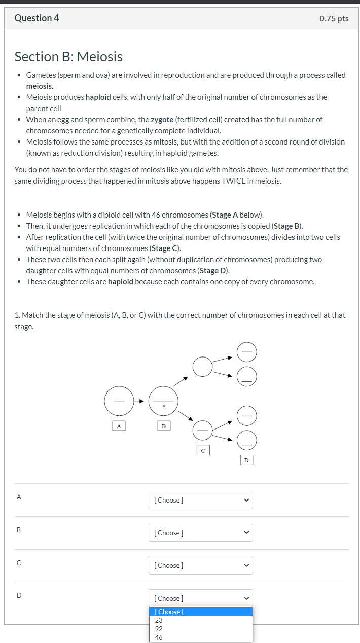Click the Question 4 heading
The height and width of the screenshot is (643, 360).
(x=37, y=18)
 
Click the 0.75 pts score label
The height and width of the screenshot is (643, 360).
(x=334, y=19)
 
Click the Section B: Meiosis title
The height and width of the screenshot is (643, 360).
(x=68, y=57)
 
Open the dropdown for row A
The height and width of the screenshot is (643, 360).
(x=200, y=500)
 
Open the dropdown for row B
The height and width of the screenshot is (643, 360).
(x=200, y=533)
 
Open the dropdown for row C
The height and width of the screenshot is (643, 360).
(x=200, y=565)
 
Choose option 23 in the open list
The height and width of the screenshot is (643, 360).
(x=159, y=620)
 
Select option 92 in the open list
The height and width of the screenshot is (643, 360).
(x=159, y=629)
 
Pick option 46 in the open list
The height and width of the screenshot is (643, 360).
(x=159, y=637)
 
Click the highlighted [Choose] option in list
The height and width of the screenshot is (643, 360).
(x=169, y=612)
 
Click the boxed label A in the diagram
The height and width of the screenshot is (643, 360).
(x=119, y=426)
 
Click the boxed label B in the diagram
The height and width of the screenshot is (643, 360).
(x=163, y=426)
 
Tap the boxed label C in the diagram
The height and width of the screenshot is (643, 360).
(x=203, y=449)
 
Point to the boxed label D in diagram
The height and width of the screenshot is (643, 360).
(x=246, y=460)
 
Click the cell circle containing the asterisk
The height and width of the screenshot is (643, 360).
(x=163, y=401)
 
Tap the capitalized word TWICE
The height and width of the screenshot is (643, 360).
(x=234, y=181)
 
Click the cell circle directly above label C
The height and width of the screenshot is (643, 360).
(x=203, y=431)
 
